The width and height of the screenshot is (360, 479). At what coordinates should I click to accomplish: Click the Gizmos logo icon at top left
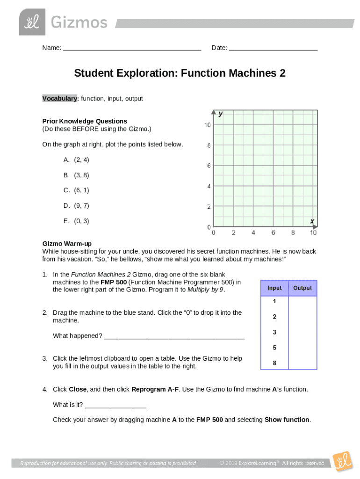point(32,22)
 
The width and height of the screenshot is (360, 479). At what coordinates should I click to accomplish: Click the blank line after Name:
point(132,49)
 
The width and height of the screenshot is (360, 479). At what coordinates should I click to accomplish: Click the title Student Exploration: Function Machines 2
point(180,73)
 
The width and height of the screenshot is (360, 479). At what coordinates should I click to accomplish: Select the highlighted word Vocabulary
point(60,99)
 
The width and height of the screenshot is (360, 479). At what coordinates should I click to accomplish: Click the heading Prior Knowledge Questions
point(85,121)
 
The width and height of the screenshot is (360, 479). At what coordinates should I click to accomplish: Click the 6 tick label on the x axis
point(273,232)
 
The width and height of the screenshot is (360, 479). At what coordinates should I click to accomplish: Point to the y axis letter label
point(220,114)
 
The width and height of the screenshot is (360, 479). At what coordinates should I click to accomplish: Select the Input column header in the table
point(274,288)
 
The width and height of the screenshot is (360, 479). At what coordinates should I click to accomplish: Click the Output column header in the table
point(302,288)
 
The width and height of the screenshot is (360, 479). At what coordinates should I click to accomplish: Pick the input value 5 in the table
point(274,348)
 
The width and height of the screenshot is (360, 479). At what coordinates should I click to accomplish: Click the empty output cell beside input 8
point(302,363)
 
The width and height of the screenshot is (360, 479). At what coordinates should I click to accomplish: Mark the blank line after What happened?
point(174,337)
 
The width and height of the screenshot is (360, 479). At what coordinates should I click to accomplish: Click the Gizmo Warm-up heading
point(67,244)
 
